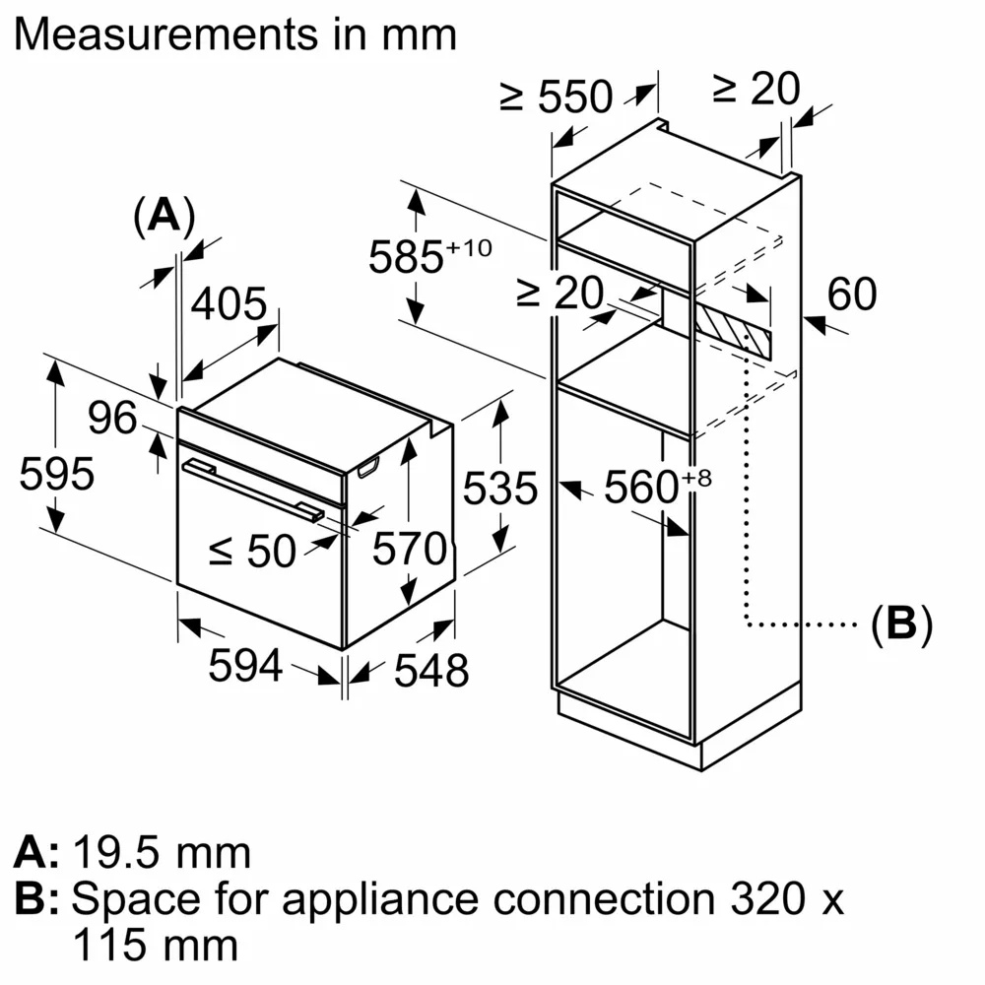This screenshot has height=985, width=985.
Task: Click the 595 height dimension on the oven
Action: pyautogui.click(x=57, y=475)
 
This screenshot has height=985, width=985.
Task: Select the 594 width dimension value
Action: pyautogui.click(x=245, y=667)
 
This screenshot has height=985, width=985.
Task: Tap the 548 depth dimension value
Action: pyautogui.click(x=430, y=671)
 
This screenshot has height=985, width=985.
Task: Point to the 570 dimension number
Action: pyautogui.click(x=409, y=549)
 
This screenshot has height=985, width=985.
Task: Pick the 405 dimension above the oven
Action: pyautogui.click(x=229, y=305)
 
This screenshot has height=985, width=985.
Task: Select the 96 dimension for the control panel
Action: pyautogui.click(x=113, y=419)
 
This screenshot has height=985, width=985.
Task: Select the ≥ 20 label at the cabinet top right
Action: pyautogui.click(x=756, y=90)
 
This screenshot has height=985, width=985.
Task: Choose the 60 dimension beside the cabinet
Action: pyautogui.click(x=851, y=295)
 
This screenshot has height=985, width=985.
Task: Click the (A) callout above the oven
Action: pyautogui.click(x=164, y=215)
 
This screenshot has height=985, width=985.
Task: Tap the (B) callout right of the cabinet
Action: pyautogui.click(x=900, y=624)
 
